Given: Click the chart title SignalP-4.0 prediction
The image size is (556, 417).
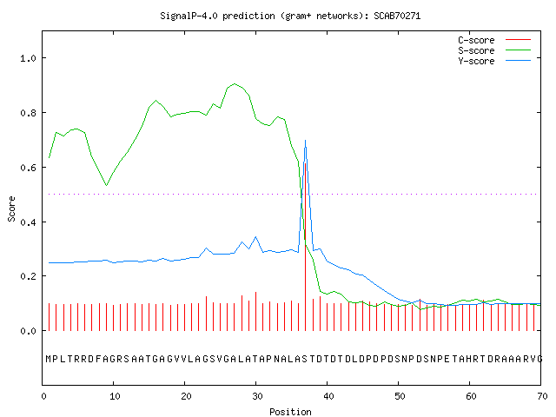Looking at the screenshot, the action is [x=290, y=16].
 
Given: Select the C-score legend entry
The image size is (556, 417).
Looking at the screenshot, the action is [x=494, y=40].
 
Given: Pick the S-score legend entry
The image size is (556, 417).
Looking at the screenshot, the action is [x=494, y=50].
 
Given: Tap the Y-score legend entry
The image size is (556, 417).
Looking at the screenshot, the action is [x=494, y=61].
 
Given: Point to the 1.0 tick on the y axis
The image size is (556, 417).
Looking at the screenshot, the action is [x=28, y=58].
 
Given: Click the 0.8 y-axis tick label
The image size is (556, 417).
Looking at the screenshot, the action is [x=28, y=113].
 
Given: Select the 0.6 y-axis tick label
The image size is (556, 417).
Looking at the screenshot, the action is [x=28, y=168].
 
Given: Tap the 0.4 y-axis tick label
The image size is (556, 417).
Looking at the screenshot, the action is [x=28, y=222].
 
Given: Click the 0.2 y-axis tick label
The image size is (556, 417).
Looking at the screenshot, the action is [x=28, y=276].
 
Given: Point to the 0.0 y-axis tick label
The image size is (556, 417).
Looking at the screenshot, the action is [x=28, y=331].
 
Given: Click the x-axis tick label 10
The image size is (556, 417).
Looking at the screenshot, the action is [x=115, y=396].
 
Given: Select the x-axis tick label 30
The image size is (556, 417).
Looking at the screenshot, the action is [x=257, y=396].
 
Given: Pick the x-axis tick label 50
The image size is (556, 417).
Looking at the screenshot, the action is [x=400, y=396].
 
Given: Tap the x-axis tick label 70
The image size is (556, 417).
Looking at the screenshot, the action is [x=542, y=396].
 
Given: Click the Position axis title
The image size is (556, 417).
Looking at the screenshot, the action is [x=290, y=411].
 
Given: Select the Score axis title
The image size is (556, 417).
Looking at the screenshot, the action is [x=11, y=208].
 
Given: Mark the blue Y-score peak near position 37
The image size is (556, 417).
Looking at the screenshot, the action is [x=305, y=141].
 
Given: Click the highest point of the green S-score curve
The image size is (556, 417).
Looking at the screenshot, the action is [x=235, y=83].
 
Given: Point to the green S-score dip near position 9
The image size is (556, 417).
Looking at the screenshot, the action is [x=106, y=185].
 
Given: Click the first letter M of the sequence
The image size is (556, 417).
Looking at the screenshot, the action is [x=49, y=359].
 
